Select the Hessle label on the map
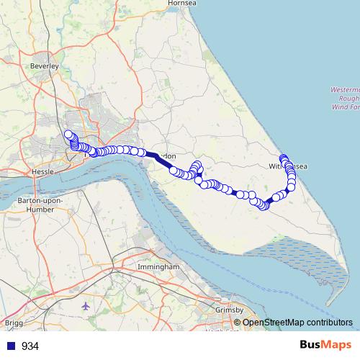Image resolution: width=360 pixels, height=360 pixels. (x=43, y=173)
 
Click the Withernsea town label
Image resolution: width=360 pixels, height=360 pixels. (x=288, y=166)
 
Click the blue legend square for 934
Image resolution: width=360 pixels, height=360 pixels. (x=10, y=346)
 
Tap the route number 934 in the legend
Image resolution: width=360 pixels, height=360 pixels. (x=30, y=346)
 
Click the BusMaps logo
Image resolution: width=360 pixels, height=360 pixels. (x=322, y=345)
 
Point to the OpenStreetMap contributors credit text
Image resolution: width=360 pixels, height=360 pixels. (x=298, y=322)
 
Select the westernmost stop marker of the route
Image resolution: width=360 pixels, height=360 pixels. (x=68, y=135)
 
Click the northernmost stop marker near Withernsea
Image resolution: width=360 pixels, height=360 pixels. (x=284, y=158)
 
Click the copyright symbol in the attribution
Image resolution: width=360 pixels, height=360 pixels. (x=238, y=322)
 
